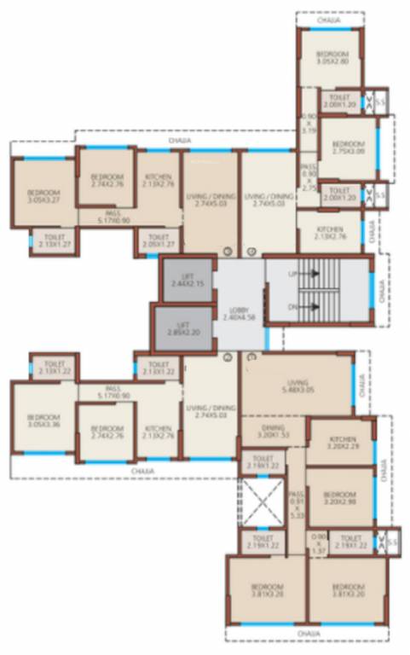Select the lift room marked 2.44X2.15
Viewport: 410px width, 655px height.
click(x=188, y=278)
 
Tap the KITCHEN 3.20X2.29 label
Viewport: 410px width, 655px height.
click(x=341, y=442)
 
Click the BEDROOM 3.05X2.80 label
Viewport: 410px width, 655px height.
click(x=329, y=57)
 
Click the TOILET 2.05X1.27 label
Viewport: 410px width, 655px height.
click(x=159, y=241)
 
